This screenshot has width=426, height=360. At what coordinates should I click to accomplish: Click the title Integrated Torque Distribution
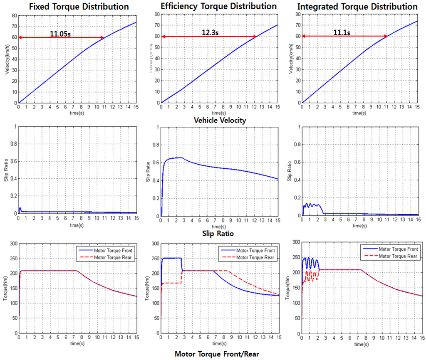[x=358, y=7]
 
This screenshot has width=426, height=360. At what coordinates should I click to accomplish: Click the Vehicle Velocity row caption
[x=220, y=120]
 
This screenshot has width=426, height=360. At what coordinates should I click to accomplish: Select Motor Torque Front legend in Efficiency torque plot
[x=255, y=251]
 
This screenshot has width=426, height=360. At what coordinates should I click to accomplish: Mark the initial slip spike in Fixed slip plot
[x=20, y=208]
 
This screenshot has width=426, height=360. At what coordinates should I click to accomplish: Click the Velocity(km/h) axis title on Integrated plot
[x=290, y=60]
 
